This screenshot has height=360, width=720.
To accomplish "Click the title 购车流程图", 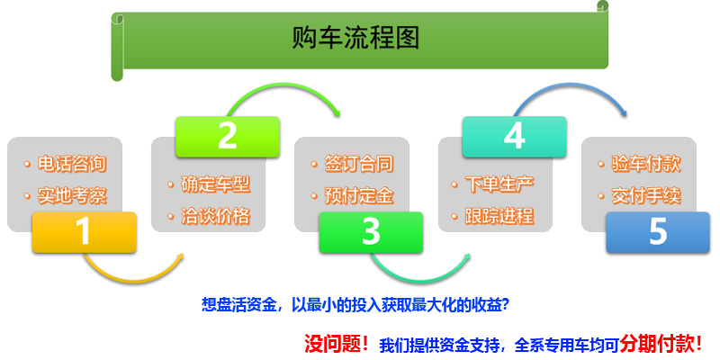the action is point(355,38).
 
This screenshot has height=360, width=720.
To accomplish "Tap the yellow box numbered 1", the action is point(84,232).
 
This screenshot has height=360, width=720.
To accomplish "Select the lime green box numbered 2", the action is point(228,137).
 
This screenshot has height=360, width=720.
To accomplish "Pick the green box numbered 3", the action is point(371,232).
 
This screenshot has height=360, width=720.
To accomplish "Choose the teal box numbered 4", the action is point(514,137).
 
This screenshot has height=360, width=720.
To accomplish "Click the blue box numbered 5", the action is point(658,232).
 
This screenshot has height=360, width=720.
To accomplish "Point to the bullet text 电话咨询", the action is point(72,165).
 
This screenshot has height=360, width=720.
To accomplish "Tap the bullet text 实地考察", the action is point(72,196).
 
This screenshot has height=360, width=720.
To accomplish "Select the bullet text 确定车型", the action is point(216,184).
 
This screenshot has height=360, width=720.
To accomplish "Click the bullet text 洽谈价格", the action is point(216,216).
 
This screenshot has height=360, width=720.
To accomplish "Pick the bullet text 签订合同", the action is point(359,165).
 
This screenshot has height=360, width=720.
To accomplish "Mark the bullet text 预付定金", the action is point(359,196).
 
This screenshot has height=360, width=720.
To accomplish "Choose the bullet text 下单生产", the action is point(499,184).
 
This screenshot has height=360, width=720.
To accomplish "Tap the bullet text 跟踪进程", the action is point(499,216).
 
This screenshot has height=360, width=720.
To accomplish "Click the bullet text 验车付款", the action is point(646,165).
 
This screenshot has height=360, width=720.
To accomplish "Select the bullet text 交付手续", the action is point(646,196).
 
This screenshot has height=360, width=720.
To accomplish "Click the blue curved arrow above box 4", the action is point(570,85).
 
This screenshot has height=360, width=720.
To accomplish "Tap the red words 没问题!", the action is point(337,344).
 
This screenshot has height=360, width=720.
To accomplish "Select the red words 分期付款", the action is point(657,343).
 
